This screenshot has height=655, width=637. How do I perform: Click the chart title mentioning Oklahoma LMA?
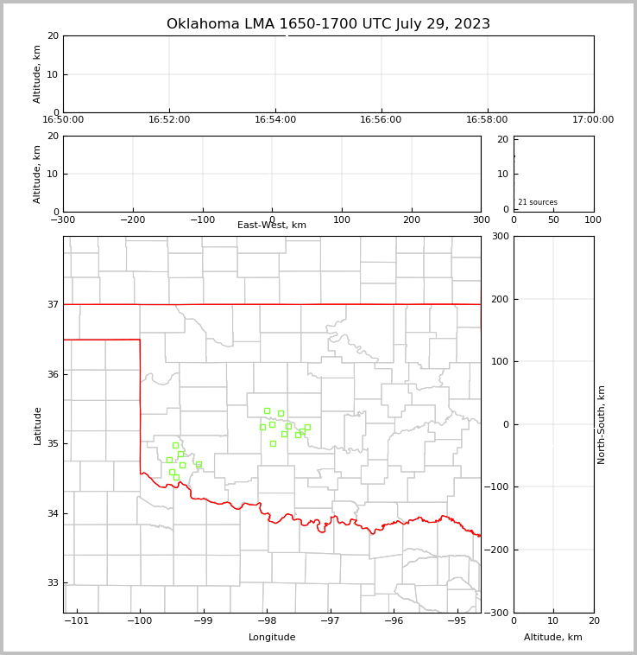pyautogui.click(x=328, y=24)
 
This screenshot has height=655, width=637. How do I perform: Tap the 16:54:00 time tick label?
pyautogui.click(x=275, y=120)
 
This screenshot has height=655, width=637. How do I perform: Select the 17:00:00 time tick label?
pyautogui.click(x=593, y=120)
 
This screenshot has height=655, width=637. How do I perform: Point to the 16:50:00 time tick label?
pyautogui.click(x=63, y=120)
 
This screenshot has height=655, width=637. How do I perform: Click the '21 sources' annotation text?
pyautogui.click(x=538, y=202)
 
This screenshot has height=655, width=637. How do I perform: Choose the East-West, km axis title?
pyautogui.click(x=272, y=226)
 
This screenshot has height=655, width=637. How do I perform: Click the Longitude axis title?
pyautogui.click(x=272, y=638)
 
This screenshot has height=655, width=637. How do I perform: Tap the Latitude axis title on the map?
pyautogui.click(x=37, y=425)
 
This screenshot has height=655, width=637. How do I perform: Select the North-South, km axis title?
pyautogui.click(x=602, y=424)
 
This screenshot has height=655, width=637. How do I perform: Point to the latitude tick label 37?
pyautogui.click(x=52, y=304)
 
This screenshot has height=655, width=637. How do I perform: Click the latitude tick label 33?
pyautogui.click(x=52, y=582)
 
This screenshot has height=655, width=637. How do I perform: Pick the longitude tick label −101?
pyautogui.click(x=77, y=620)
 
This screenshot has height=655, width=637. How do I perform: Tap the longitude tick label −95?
pyautogui.click(x=457, y=620)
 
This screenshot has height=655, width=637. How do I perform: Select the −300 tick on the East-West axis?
pyautogui.click(x=63, y=219)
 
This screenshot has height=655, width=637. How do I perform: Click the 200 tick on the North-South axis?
pyautogui.click(x=498, y=299)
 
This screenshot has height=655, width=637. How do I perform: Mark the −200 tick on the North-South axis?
pyautogui.click(x=496, y=550)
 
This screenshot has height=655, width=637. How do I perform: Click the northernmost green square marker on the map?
pyautogui.click(x=267, y=410)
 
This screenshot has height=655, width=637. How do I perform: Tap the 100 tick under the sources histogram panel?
pyautogui.click(x=593, y=219)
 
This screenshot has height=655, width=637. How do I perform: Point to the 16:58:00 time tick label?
pyautogui.click(x=487, y=120)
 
